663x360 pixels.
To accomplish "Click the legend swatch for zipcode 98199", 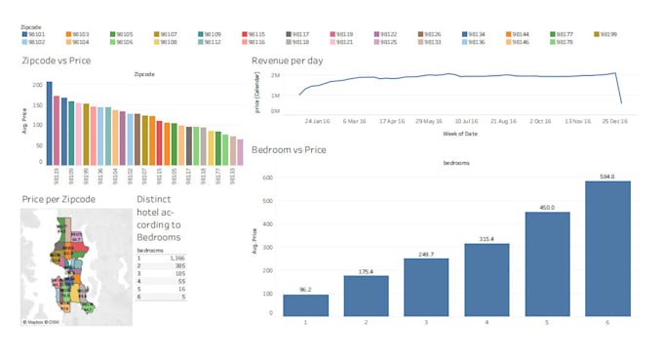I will pos(596,34).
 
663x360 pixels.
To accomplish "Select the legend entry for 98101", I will pos(24,34).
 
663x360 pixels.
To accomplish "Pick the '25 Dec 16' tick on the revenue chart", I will pos(614,122).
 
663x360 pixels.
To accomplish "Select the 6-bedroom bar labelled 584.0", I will pos(607,248).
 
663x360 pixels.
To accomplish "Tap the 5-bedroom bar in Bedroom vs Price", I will pos(547,263).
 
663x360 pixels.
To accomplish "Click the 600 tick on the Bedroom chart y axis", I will pos(265,179).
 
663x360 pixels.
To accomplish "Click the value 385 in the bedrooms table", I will pos(180,264).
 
